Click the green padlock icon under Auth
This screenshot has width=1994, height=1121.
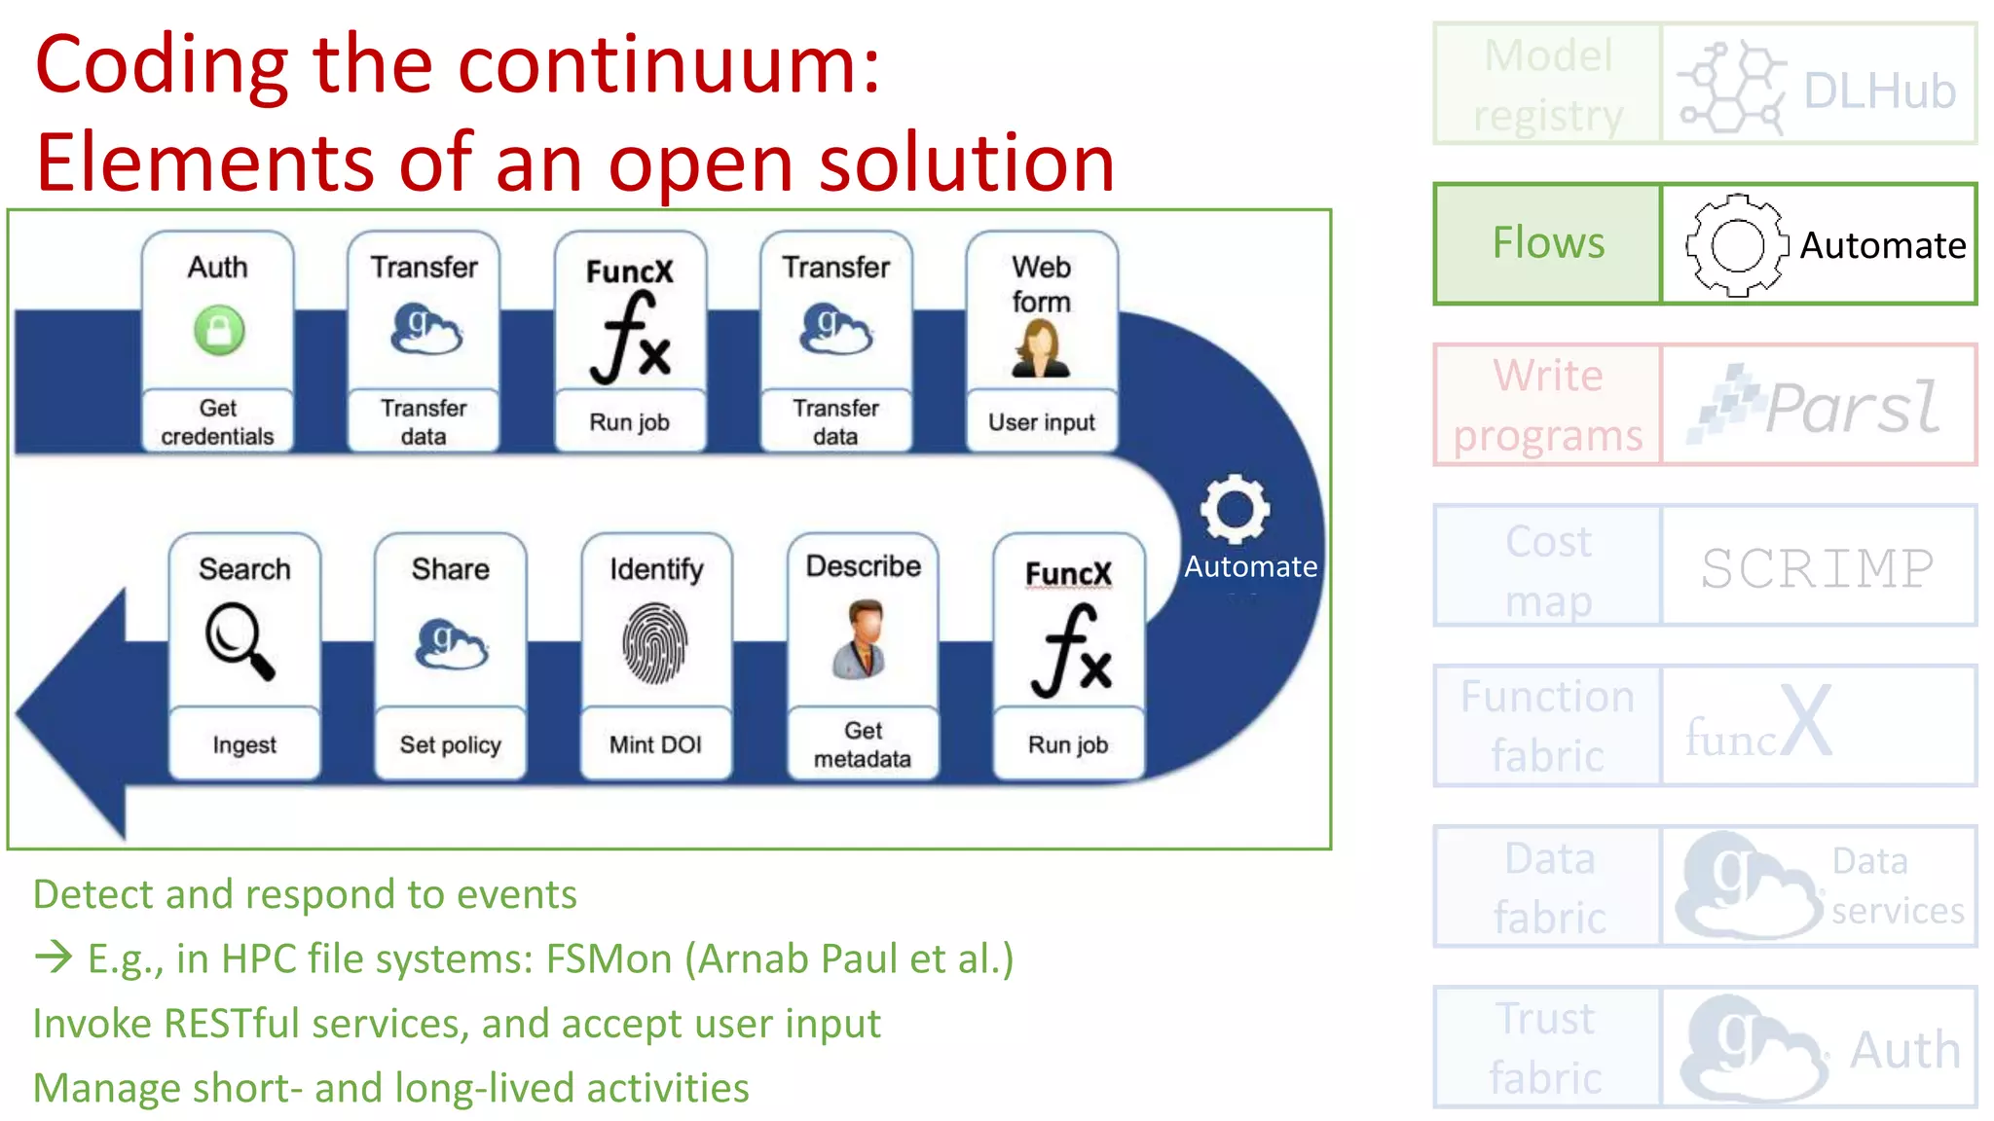pos(219,330)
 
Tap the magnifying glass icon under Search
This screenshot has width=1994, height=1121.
pos(240,640)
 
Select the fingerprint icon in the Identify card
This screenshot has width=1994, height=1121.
pos(654,643)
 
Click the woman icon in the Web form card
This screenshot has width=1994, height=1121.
pos(1041,349)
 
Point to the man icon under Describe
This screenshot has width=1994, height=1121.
pos(862,639)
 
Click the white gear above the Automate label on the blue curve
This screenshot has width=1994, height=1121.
pos(1235,509)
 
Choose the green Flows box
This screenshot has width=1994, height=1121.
pos(1547,243)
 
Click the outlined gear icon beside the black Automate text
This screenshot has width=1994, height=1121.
pos(1736,245)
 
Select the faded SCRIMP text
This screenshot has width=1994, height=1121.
pos(1817,568)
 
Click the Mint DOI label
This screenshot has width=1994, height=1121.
pos(655,744)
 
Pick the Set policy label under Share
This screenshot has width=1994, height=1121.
pos(450,744)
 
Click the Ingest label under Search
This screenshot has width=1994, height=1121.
pos(244,744)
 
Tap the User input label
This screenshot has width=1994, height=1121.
pos(1041,422)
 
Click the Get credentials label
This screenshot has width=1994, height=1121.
pos(217,422)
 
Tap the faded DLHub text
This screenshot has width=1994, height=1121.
pos(1879,91)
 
